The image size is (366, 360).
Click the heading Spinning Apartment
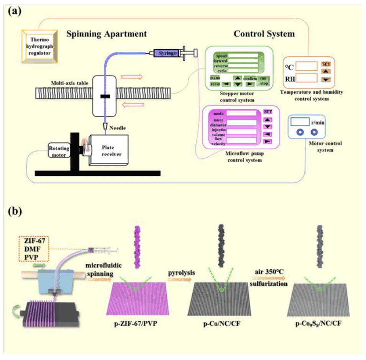[x=107, y=34]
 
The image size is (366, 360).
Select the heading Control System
[x=264, y=34]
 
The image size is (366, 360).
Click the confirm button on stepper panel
[x=249, y=79]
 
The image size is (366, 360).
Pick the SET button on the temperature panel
[x=326, y=64]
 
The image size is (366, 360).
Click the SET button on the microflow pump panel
[x=268, y=111]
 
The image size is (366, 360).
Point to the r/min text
[x=318, y=123]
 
